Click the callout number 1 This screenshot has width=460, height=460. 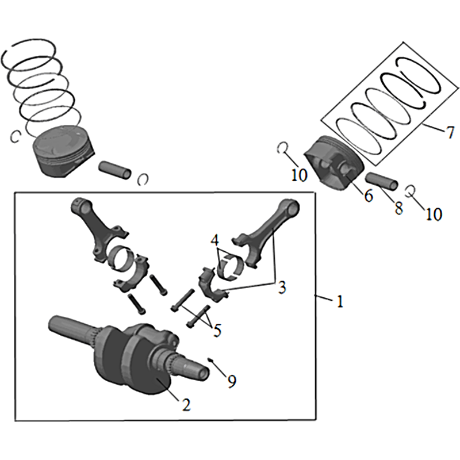[340, 301]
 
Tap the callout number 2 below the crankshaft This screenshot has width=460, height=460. [186, 404]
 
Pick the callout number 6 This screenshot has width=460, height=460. [368, 196]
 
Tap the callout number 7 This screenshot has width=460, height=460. [449, 132]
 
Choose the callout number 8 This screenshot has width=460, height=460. [398, 208]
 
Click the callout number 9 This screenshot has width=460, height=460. [231, 381]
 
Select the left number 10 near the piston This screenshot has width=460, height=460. [299, 174]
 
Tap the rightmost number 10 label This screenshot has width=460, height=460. [434, 214]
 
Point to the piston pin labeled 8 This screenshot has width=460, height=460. [380, 181]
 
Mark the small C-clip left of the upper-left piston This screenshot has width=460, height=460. [16, 136]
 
